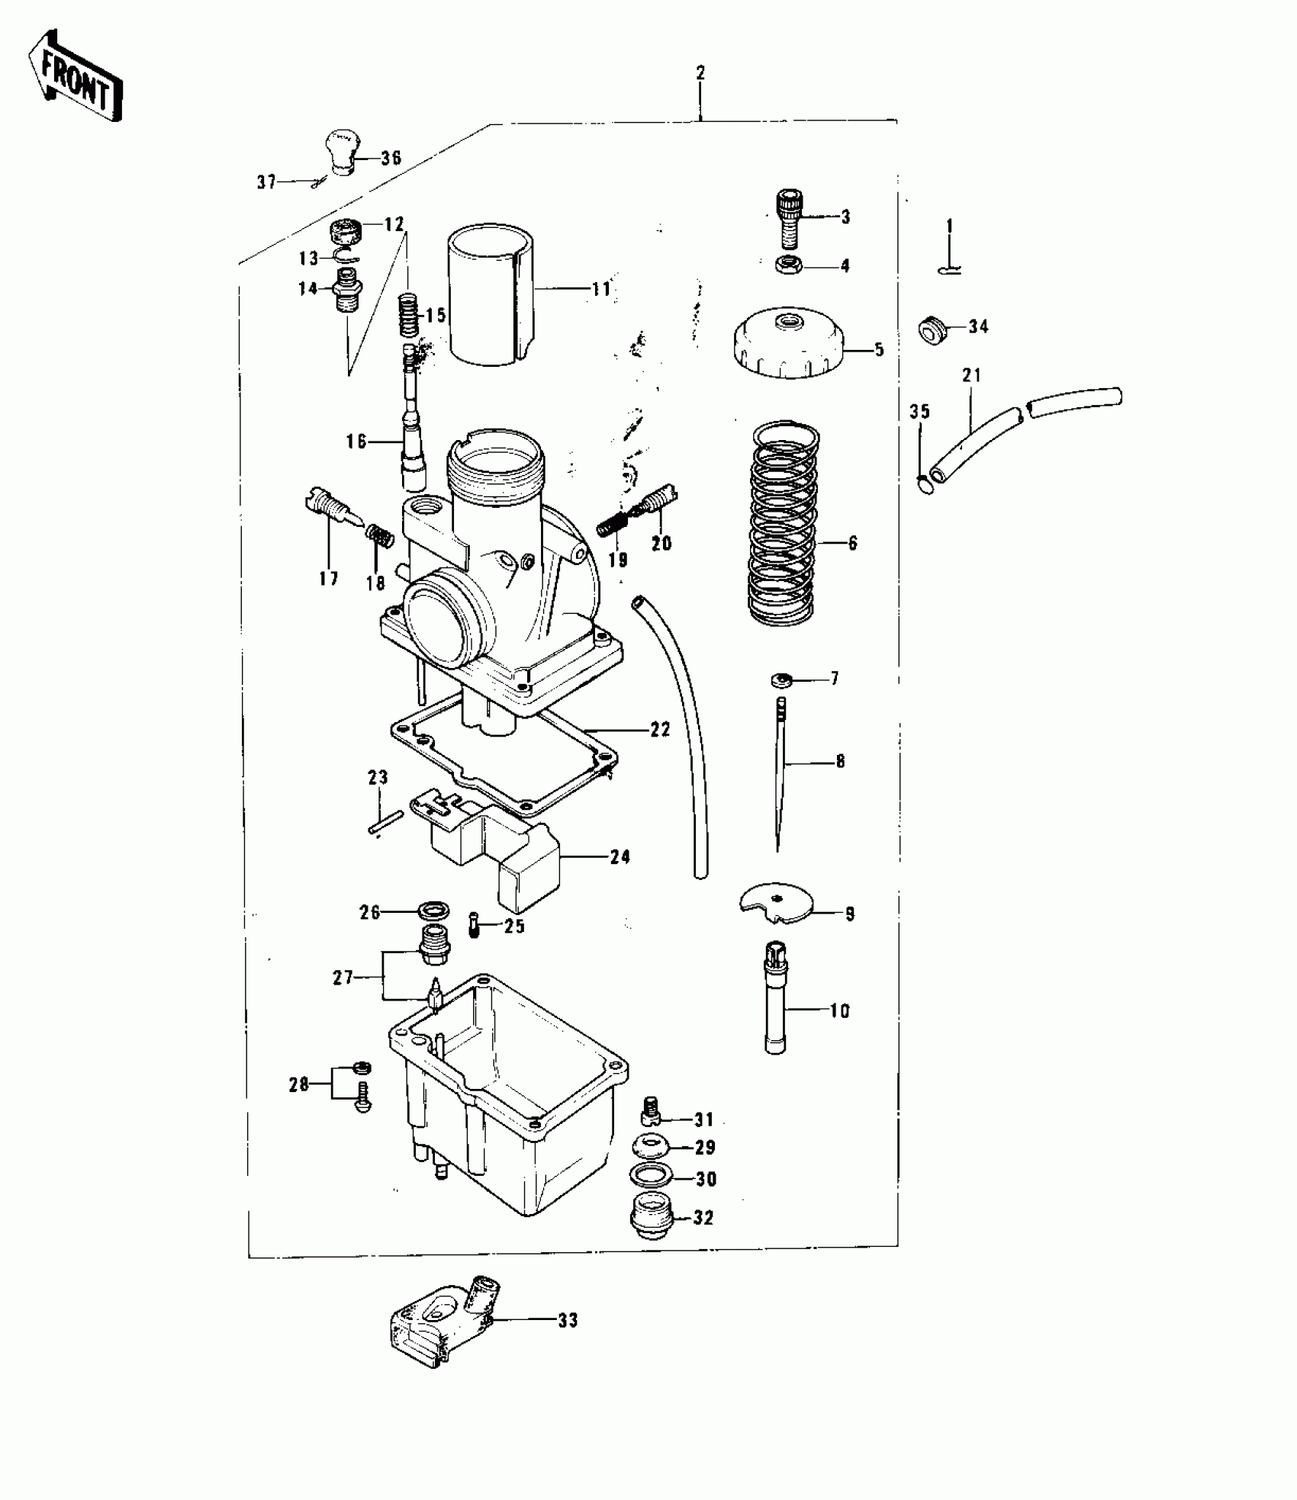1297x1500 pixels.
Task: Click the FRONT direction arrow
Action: click(x=74, y=77)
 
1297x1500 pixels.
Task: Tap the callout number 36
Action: click(x=391, y=159)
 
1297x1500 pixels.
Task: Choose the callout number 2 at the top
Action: click(x=700, y=73)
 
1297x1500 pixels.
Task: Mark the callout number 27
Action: click(x=343, y=977)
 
